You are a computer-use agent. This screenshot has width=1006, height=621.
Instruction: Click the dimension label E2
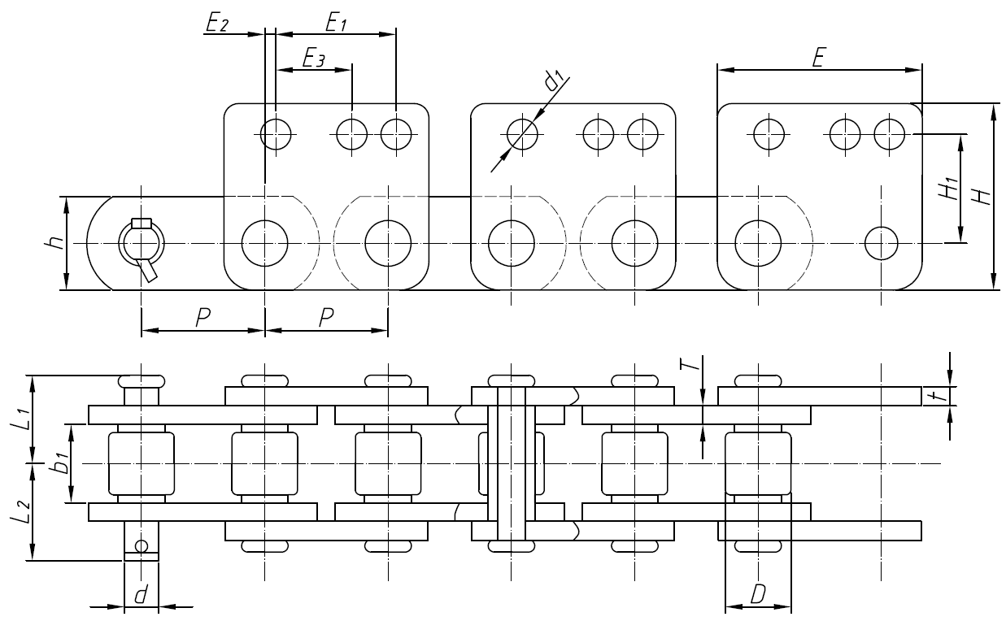point(217,24)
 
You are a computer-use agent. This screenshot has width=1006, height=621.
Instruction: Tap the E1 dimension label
point(336,24)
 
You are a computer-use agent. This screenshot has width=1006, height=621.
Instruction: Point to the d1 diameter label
point(555,79)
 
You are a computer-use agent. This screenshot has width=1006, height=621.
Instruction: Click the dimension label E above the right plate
point(820,59)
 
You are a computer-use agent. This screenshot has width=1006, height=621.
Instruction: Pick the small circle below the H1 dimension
point(881,241)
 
